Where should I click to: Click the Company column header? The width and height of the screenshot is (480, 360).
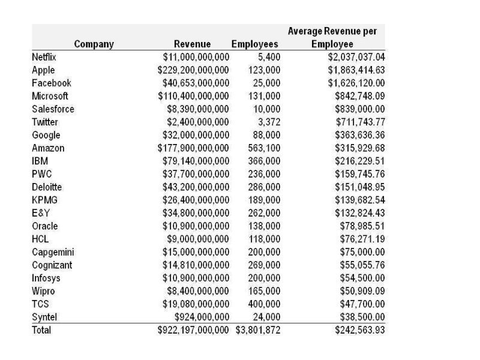[94, 44]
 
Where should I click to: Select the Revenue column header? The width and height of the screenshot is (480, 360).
[192, 44]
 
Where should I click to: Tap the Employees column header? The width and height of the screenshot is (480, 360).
[254, 44]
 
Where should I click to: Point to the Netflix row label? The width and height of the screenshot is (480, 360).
[44, 57]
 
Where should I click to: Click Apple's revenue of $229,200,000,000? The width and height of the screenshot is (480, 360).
[193, 70]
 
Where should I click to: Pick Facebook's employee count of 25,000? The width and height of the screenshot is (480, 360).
[264, 83]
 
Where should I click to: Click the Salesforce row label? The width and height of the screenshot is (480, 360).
[53, 109]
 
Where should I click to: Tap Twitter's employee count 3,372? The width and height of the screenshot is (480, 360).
[267, 122]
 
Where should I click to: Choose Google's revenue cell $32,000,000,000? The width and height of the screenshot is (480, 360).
[196, 135]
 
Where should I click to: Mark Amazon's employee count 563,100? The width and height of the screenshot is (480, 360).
[264, 148]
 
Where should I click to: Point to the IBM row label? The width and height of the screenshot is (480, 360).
[40, 161]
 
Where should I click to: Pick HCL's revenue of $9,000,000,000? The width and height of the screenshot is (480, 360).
[198, 239]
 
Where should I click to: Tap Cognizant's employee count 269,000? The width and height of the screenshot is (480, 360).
[264, 265]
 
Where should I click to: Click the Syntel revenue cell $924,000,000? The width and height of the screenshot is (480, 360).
[202, 317]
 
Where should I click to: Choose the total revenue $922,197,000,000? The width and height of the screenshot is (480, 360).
[193, 330]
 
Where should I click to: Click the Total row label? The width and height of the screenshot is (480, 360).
[41, 330]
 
